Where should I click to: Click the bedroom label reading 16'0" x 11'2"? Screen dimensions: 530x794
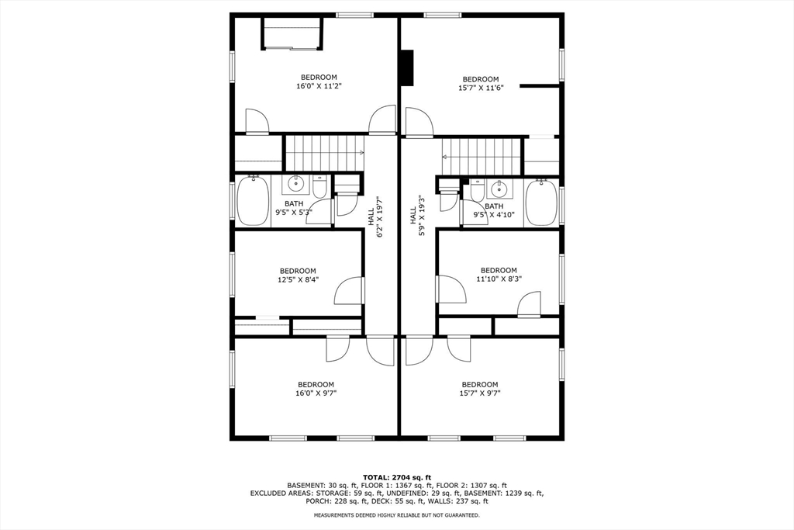click(x=319, y=81)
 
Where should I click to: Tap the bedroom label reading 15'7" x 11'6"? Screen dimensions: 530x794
click(x=481, y=84)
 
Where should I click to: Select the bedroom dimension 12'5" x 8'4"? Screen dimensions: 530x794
click(x=298, y=275)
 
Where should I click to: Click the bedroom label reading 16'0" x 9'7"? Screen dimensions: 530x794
click(x=316, y=389)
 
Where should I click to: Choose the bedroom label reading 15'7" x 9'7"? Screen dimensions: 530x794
click(x=480, y=389)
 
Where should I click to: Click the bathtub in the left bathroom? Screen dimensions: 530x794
click(x=252, y=202)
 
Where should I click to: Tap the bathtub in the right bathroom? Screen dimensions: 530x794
click(x=541, y=202)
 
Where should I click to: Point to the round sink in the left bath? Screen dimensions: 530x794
click(x=295, y=185)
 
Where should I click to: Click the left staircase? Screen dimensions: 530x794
click(x=324, y=153)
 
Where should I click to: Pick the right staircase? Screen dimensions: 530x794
click(x=482, y=157)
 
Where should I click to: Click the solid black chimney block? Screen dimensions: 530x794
click(x=406, y=68)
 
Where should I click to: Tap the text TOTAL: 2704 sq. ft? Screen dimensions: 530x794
click(x=396, y=476)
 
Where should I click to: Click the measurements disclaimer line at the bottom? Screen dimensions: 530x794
click(x=396, y=515)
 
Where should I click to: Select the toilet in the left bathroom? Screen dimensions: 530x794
click(x=319, y=187)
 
